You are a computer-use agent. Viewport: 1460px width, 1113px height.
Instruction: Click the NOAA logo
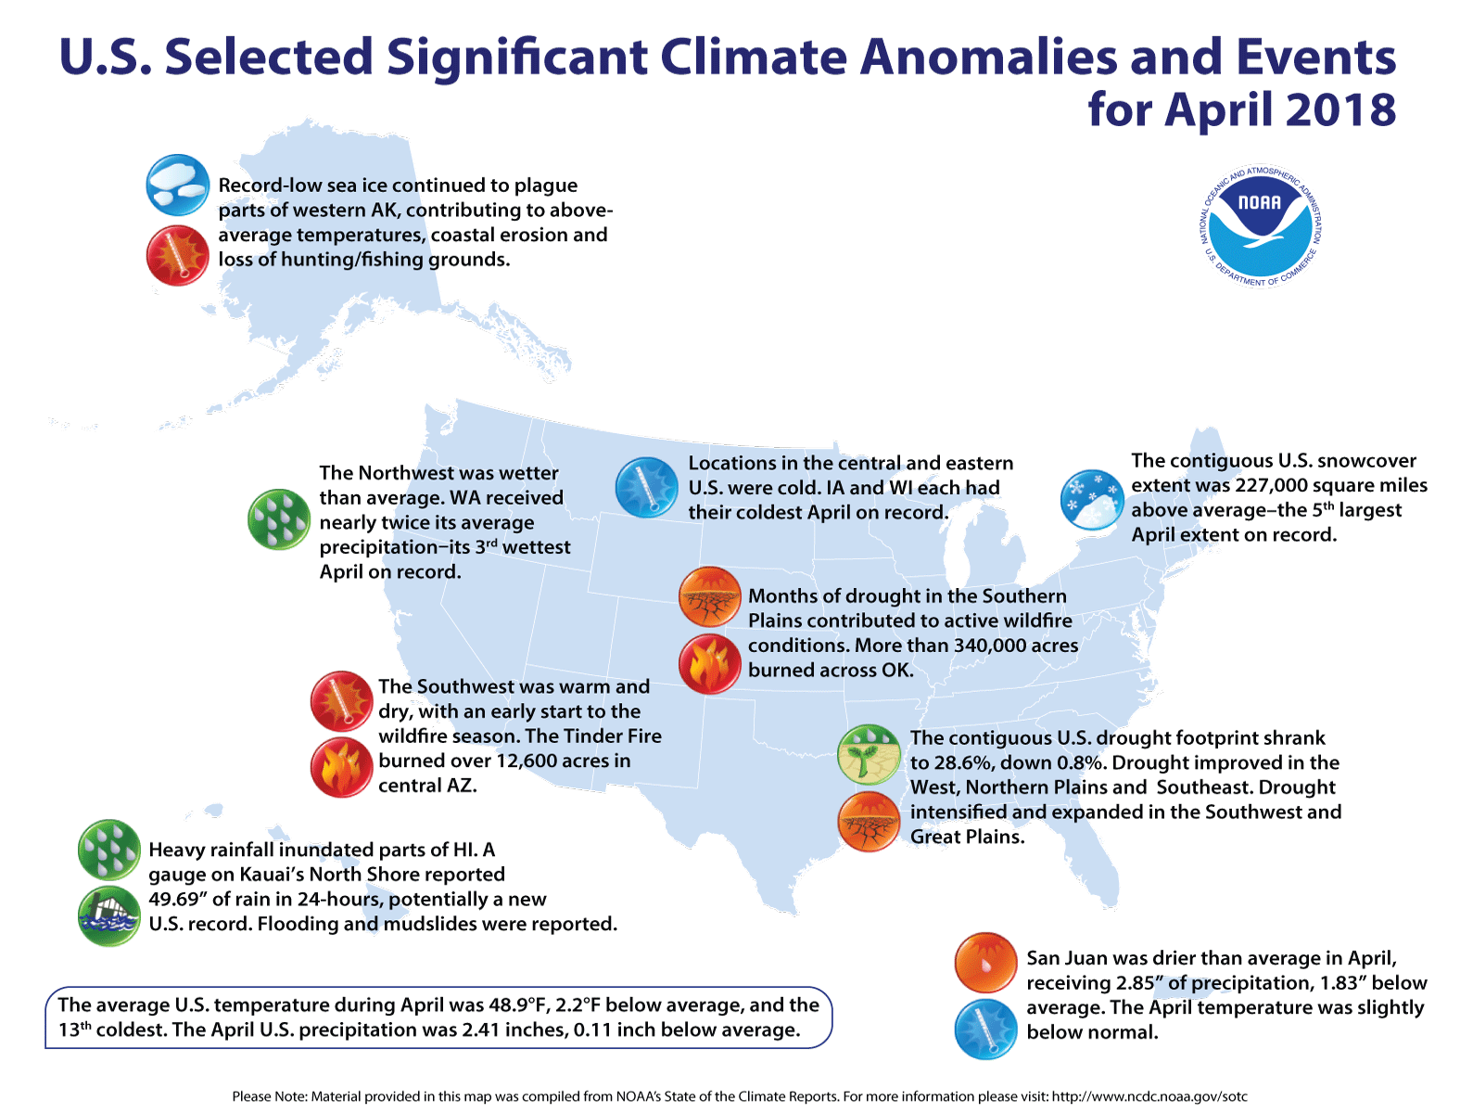[1261, 227]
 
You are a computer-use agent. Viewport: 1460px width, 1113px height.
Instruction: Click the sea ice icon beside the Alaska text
[177, 185]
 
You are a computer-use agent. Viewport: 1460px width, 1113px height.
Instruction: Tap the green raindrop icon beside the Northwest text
[278, 519]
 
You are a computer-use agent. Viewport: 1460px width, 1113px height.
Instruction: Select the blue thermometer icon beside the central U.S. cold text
[646, 487]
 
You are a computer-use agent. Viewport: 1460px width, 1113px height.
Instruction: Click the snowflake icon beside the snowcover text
[1091, 500]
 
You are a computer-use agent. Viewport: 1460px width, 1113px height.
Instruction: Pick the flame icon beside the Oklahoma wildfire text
[709, 664]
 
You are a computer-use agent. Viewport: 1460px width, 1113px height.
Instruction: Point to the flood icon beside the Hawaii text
[109, 915]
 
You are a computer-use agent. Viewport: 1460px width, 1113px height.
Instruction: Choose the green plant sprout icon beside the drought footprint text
[869, 755]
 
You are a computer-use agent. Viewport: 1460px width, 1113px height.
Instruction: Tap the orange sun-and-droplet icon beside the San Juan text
[985, 963]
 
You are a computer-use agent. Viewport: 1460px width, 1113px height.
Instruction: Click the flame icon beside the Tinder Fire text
[341, 768]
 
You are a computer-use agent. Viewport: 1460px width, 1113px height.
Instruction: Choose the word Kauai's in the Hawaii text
[277, 874]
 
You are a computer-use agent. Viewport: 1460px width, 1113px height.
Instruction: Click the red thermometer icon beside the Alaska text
[177, 255]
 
